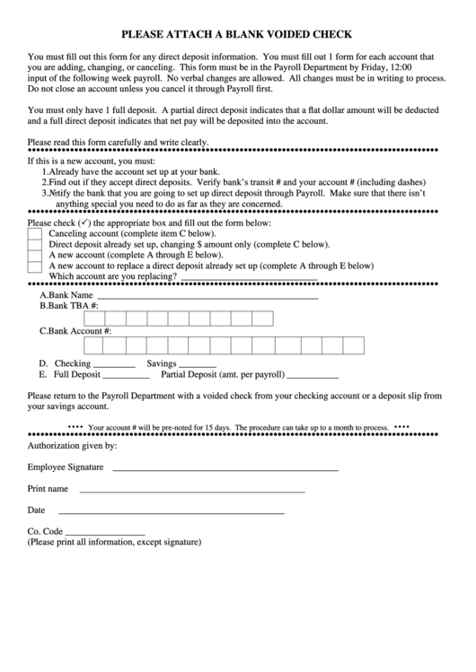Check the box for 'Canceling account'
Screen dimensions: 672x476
[x=34, y=232]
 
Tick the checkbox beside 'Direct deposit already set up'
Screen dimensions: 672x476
[x=34, y=243]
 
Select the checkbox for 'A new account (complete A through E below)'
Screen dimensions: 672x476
[x=34, y=255]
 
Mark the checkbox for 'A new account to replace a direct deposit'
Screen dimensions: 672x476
[x=34, y=266]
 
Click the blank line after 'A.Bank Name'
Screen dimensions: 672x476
[x=207, y=296]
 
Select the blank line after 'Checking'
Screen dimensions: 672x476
[x=114, y=367]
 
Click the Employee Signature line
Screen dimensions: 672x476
[x=225, y=470]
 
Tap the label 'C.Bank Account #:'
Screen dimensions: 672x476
[x=75, y=331]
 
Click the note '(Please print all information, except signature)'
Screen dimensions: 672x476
[x=115, y=543]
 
